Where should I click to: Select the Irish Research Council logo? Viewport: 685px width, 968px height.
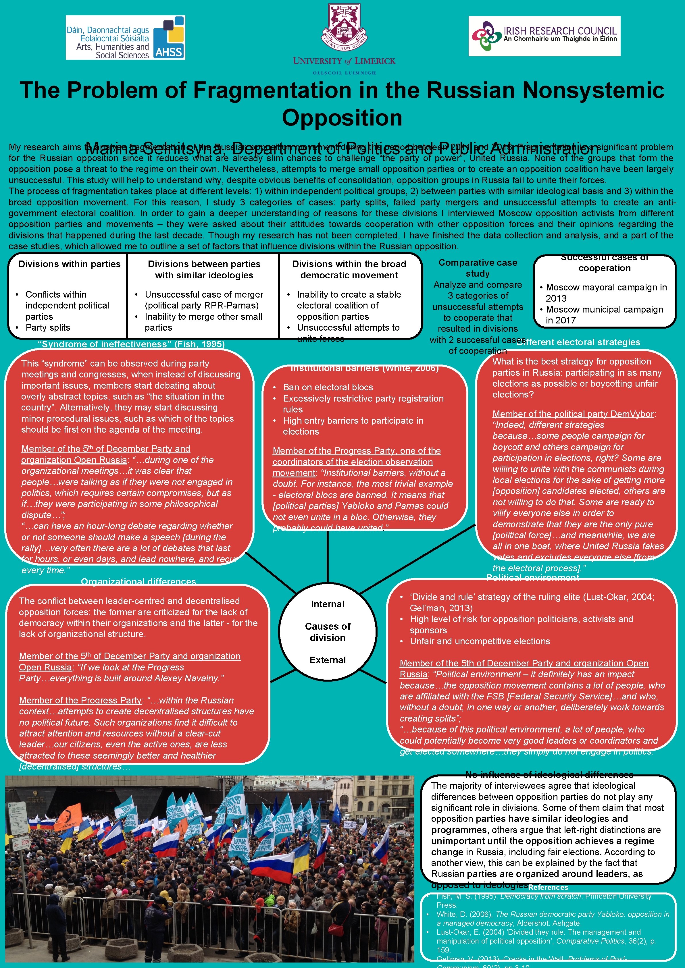click(x=544, y=36)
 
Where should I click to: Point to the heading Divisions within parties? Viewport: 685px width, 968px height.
click(x=69, y=264)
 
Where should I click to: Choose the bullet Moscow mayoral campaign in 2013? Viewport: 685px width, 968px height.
click(x=606, y=293)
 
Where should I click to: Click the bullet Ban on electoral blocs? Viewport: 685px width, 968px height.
click(x=328, y=387)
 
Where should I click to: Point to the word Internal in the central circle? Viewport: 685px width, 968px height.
click(x=328, y=604)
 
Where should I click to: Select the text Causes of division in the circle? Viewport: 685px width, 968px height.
click(x=328, y=632)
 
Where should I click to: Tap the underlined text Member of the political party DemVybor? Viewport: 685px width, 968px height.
click(x=573, y=414)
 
